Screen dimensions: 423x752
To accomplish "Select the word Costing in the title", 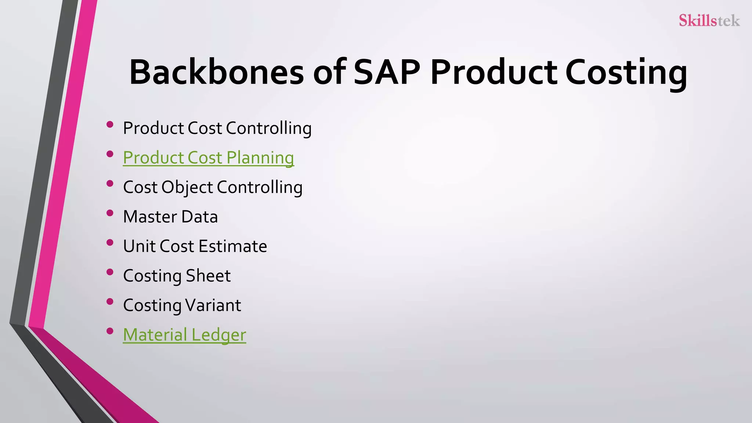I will (626, 73).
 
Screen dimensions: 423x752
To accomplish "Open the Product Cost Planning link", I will (208, 158).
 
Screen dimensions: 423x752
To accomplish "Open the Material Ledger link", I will (184, 335).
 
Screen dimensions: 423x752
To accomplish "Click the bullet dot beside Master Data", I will (109, 213).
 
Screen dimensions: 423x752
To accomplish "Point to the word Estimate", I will (233, 246).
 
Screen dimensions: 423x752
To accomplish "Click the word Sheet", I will (208, 276).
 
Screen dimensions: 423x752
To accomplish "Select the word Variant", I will (213, 305).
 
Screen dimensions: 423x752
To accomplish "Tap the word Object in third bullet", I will (187, 188).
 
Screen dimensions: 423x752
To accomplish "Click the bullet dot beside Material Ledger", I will (109, 331).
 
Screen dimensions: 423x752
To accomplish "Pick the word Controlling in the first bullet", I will (268, 129).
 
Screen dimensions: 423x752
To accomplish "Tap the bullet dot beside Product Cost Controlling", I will (109, 124).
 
